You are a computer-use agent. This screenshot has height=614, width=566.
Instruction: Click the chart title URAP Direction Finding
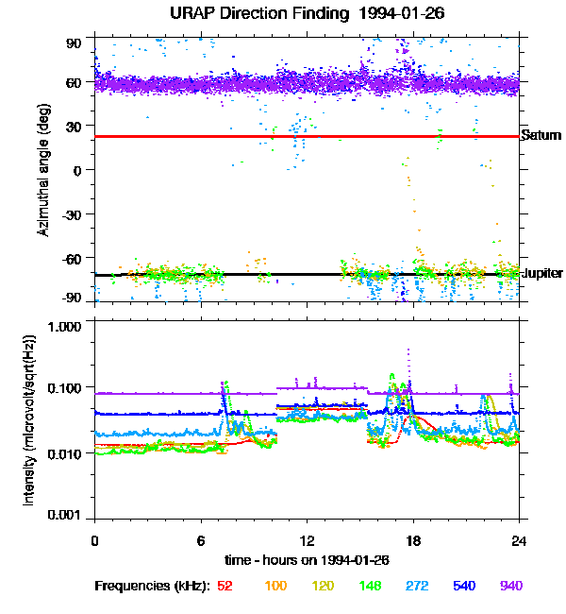282,14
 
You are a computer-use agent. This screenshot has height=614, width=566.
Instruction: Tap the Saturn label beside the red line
541,136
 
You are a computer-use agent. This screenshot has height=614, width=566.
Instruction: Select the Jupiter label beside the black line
541,273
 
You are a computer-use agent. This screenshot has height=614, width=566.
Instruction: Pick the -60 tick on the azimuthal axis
73,257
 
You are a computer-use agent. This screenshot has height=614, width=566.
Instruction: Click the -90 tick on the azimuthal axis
73,298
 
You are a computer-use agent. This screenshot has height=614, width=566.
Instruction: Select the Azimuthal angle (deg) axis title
42,170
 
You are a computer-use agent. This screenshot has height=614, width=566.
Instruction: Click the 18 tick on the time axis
412,540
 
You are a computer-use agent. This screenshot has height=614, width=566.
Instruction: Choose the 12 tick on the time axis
307,540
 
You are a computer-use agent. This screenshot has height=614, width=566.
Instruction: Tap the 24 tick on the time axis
518,540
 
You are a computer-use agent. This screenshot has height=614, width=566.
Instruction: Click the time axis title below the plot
306,559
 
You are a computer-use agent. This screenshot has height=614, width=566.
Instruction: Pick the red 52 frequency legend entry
225,587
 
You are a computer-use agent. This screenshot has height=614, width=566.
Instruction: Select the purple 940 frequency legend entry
510,587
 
